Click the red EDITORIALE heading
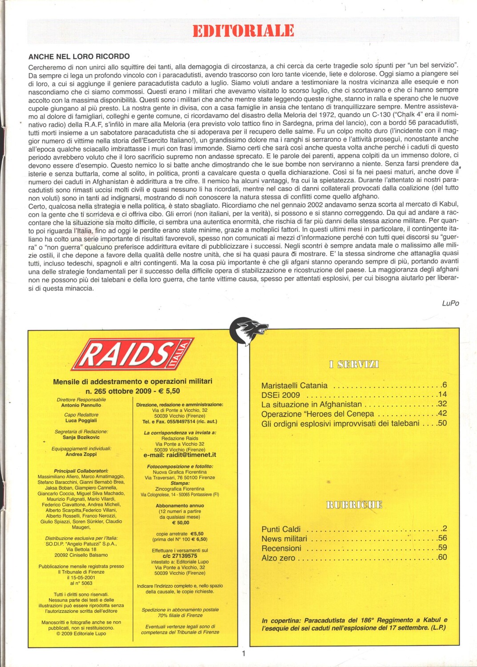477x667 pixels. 243,31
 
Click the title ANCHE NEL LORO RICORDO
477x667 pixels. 79,56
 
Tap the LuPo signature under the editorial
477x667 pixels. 450,303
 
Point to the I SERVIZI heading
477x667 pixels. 354,365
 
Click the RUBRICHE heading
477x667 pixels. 354,505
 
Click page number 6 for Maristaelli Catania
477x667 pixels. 444,385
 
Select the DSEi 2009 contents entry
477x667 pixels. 281,395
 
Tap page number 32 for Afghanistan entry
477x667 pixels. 442,404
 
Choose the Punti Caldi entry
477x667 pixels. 281,529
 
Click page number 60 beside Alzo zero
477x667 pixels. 442,557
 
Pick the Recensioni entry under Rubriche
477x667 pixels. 281,548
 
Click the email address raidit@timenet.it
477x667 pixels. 180,455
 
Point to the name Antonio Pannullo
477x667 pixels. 81,405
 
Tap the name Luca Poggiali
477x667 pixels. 81,420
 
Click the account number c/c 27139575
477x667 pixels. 180,556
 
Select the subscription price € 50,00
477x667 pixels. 180,522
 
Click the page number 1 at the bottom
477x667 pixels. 244,653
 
